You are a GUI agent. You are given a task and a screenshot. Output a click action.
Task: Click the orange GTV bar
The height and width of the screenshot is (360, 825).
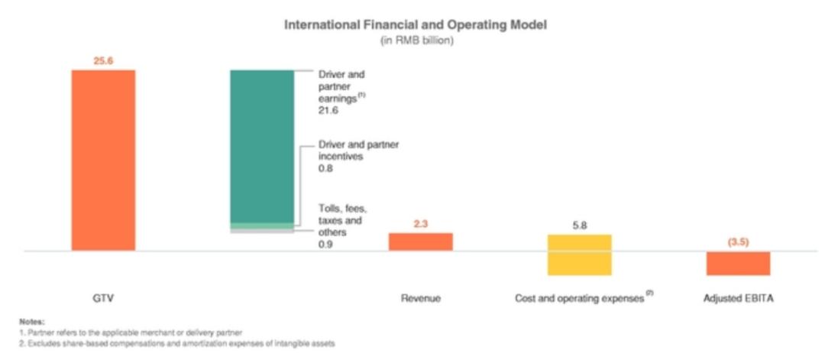(x=103, y=160)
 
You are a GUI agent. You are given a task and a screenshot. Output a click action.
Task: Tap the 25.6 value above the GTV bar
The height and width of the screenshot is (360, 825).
(x=103, y=60)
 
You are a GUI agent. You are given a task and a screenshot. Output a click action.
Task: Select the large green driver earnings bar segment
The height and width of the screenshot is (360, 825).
(x=262, y=145)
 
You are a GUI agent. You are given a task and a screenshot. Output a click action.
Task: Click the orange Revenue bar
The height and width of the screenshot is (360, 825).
(x=421, y=242)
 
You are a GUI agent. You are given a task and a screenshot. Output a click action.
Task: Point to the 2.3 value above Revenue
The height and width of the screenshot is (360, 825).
(x=421, y=225)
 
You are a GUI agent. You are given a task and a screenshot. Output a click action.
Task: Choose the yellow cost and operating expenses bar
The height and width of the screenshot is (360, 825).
(x=579, y=255)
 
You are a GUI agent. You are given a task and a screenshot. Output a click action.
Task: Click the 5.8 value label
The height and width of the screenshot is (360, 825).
(x=579, y=225)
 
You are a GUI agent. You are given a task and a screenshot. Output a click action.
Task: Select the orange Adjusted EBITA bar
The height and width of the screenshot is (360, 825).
(x=738, y=263)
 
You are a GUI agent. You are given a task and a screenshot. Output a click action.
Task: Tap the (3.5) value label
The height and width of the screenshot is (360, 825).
(x=738, y=242)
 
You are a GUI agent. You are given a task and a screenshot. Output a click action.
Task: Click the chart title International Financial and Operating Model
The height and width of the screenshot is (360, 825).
(x=416, y=25)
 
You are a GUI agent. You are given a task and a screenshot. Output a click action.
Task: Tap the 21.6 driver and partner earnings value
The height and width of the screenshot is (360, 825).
(x=327, y=111)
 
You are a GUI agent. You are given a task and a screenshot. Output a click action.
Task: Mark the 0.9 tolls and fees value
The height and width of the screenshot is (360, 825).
(x=324, y=244)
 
